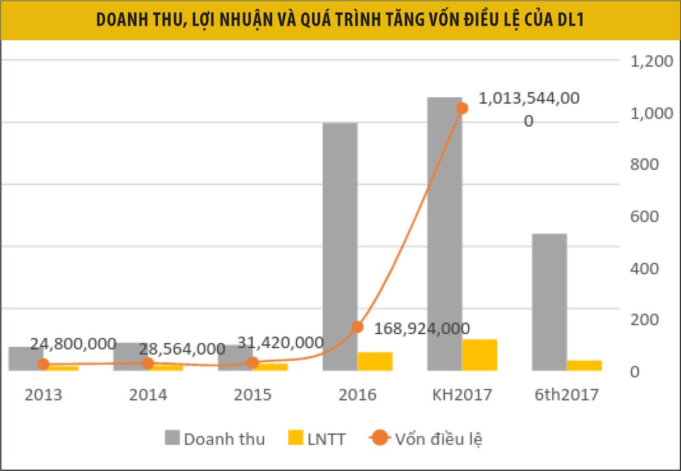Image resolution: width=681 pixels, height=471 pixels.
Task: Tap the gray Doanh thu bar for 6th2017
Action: click(x=549, y=302)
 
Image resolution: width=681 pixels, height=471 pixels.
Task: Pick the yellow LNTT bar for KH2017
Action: click(x=480, y=355)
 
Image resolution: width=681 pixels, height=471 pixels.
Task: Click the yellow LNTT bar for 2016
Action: click(x=375, y=361)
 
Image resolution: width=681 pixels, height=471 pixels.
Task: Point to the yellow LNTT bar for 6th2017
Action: click(x=584, y=365)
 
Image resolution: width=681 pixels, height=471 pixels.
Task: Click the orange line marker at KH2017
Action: click(x=462, y=108)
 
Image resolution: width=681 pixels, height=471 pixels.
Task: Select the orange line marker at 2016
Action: click(x=357, y=327)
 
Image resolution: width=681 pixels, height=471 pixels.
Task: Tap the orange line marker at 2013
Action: click(x=43, y=364)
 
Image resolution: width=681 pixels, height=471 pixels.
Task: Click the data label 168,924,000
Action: click(x=422, y=329)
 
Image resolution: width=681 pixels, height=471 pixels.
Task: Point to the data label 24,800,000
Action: click(x=73, y=344)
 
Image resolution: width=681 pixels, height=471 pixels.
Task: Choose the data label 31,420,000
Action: click(x=280, y=343)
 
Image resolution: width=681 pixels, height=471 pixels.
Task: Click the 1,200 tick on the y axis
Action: click(x=651, y=61)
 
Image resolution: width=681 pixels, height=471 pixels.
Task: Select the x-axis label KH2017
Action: click(x=462, y=394)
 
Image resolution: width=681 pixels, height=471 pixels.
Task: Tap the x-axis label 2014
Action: click(x=148, y=394)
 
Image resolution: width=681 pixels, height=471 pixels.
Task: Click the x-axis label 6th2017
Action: click(x=566, y=394)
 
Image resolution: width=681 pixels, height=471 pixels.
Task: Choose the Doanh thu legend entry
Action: click(x=215, y=439)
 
